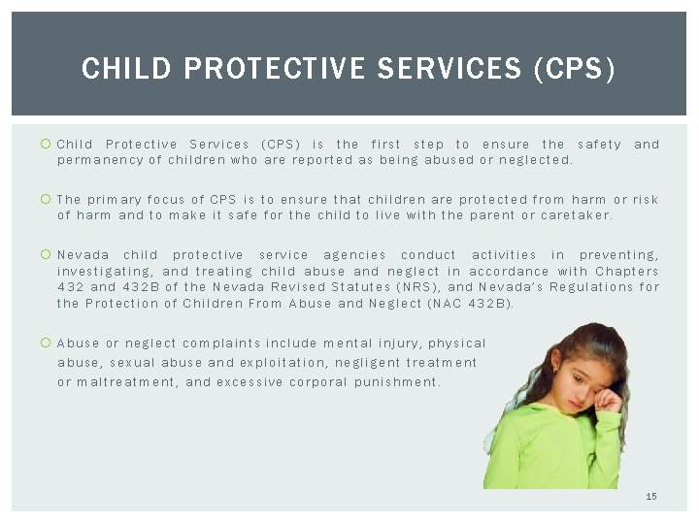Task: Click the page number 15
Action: point(651,496)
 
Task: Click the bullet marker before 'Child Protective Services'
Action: point(46,145)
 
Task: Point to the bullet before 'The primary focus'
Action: point(46,200)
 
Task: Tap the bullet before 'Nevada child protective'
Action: point(46,255)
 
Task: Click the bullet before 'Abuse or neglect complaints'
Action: point(46,343)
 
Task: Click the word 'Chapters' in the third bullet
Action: point(626,272)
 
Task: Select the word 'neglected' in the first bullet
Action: point(536,159)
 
